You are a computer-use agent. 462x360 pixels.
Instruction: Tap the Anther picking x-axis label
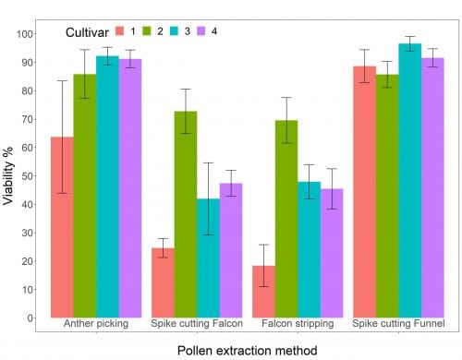coord(96,325)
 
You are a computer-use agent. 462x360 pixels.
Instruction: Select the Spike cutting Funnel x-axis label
coord(398,325)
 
